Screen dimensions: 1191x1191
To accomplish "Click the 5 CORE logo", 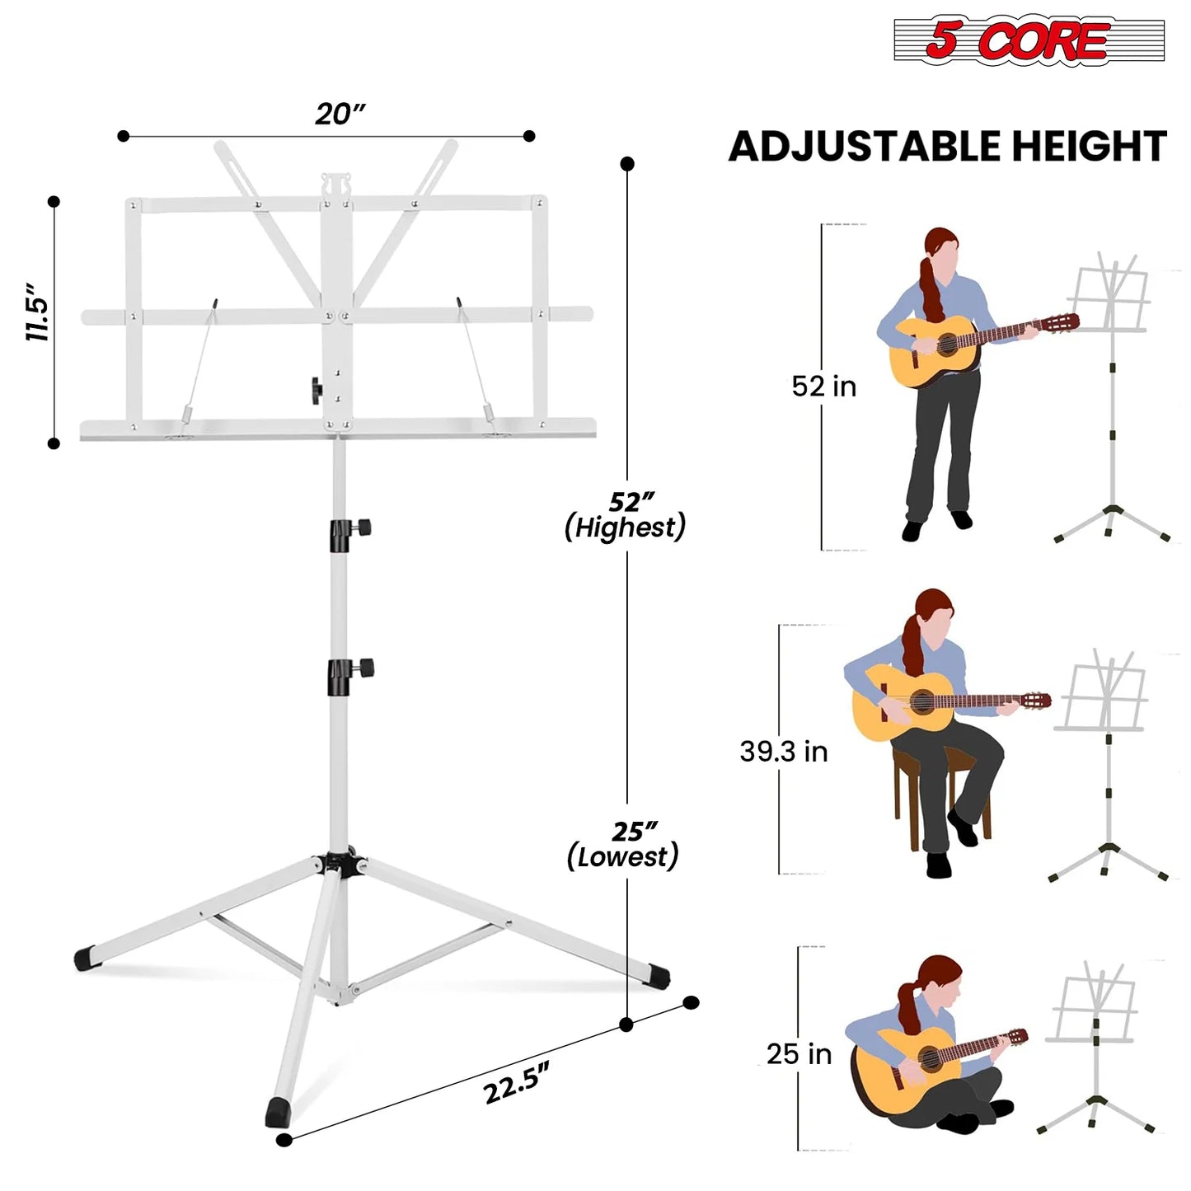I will [x=1028, y=40].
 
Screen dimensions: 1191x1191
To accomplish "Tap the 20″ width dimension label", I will [x=340, y=114].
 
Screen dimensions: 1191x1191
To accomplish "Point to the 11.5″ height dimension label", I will [x=38, y=312].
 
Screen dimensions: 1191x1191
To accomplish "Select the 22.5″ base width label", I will [x=516, y=1082].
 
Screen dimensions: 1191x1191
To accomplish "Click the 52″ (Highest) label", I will [x=626, y=515].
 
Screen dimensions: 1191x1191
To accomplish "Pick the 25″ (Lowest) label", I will [x=624, y=845].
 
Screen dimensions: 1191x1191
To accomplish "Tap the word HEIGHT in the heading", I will [x=1089, y=148].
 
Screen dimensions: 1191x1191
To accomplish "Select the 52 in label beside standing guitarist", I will [x=823, y=387].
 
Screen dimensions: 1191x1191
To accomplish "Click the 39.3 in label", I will [x=783, y=752].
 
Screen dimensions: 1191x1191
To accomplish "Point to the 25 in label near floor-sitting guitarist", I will [x=799, y=1054].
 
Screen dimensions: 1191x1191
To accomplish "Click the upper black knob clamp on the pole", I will [x=349, y=532].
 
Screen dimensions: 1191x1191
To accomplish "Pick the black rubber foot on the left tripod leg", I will [x=86, y=959].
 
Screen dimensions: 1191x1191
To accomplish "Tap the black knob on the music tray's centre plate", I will [x=316, y=389].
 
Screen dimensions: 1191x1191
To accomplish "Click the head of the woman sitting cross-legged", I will [x=940, y=979].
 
